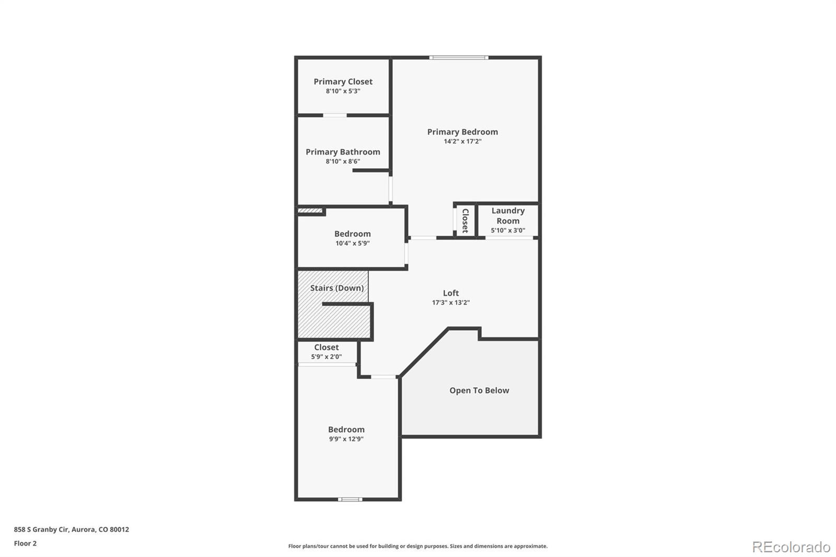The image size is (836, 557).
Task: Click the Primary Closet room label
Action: click(x=343, y=82)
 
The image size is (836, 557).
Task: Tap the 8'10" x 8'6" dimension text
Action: click(x=343, y=161)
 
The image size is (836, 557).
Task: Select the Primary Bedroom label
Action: click(x=462, y=132)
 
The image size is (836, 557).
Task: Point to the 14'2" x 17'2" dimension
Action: click(x=462, y=141)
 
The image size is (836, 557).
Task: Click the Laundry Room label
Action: click(x=508, y=215)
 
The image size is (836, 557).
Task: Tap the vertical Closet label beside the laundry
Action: click(x=465, y=221)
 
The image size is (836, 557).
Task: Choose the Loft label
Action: click(x=451, y=293)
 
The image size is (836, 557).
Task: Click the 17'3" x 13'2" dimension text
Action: click(x=451, y=303)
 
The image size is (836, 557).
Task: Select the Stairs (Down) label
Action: click(x=336, y=288)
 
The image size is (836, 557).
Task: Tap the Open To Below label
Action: click(x=479, y=390)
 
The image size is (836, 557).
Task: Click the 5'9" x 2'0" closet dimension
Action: click(x=327, y=357)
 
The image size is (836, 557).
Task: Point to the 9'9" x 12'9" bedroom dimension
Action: click(x=346, y=439)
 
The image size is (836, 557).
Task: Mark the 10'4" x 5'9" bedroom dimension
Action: click(x=353, y=243)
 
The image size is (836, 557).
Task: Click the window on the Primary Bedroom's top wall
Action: click(x=459, y=57)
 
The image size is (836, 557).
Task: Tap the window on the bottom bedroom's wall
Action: click(x=350, y=500)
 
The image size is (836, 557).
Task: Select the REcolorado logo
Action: click(x=791, y=547)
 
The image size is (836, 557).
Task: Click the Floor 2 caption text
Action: click(x=25, y=543)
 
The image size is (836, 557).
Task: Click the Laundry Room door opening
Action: click(x=509, y=238)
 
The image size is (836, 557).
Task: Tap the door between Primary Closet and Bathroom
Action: click(x=335, y=115)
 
